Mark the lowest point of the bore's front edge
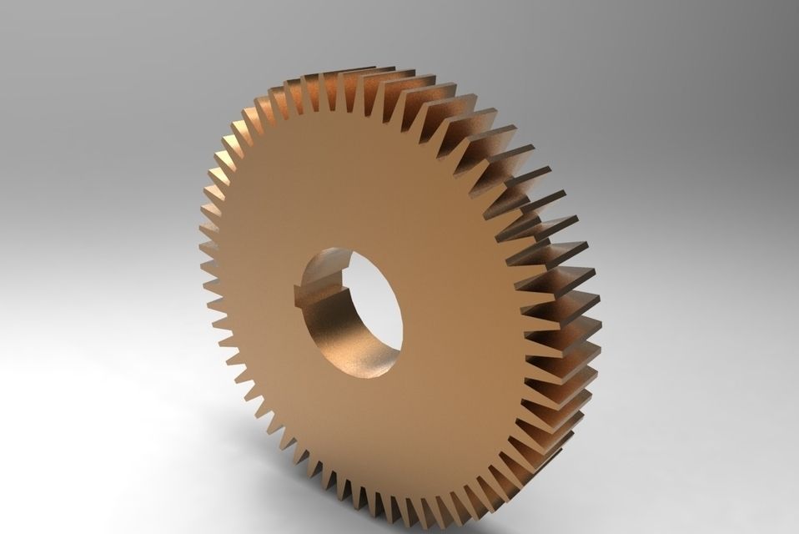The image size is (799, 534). pos(367,375)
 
